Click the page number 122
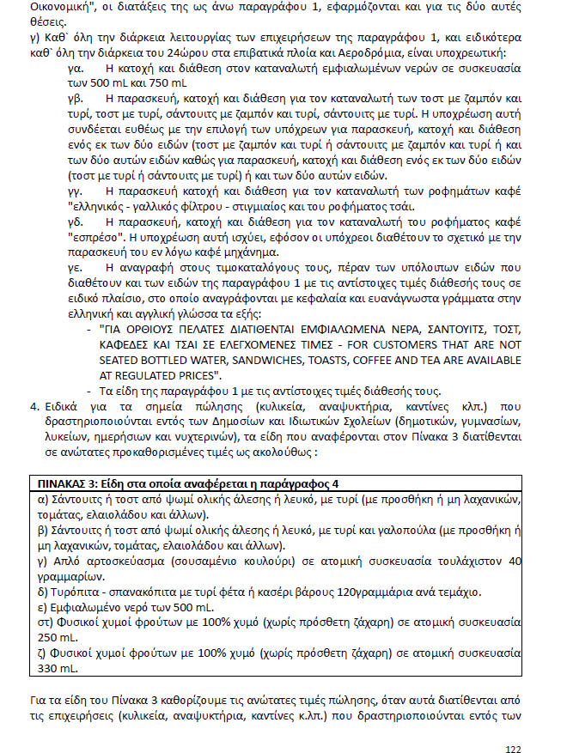pos(514,726)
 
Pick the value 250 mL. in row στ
pos(58,637)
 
